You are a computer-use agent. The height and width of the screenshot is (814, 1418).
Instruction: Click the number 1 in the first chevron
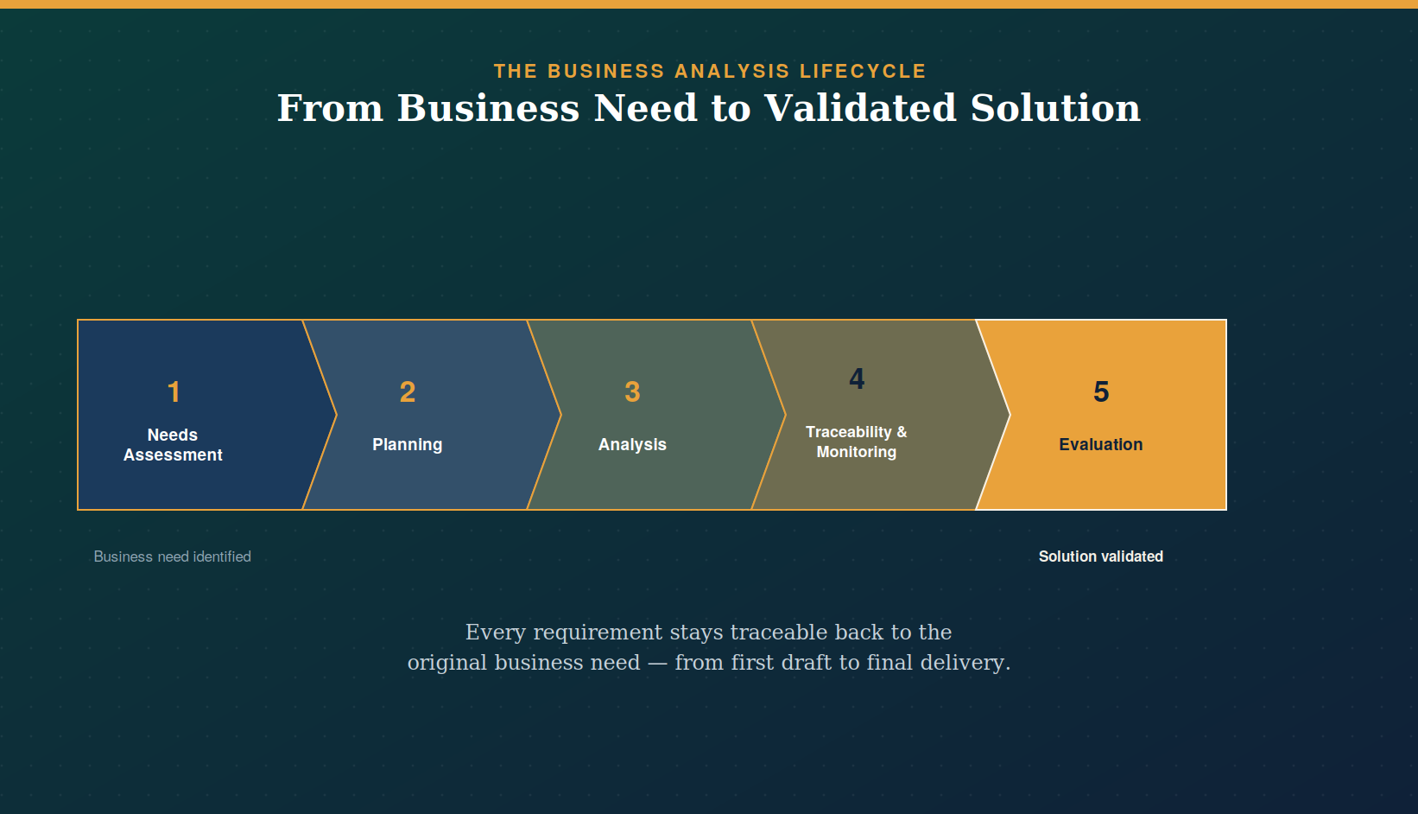174,391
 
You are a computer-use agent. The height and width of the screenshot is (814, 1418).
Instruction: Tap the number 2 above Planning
408,391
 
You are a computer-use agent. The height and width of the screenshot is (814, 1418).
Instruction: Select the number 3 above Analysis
632,391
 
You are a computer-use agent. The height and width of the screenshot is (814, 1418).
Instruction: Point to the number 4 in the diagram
857,378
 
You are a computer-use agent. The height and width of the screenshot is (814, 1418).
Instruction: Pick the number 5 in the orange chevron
1101,391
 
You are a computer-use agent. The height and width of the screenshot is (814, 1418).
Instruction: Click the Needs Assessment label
173,445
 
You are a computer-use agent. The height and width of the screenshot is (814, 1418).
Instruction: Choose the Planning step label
407,445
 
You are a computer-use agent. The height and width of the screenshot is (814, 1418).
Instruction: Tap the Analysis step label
632,445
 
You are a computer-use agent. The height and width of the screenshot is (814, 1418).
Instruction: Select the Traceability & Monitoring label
857,442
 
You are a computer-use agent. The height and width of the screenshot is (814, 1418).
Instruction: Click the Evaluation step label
1101,445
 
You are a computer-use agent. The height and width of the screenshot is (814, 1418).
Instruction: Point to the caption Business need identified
172,556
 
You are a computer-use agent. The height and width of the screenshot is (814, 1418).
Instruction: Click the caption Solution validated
1101,556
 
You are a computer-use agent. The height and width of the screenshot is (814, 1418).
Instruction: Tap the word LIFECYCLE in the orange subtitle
864,71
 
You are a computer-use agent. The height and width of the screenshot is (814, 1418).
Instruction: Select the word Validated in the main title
860,108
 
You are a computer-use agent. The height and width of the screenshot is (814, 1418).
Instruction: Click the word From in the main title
331,108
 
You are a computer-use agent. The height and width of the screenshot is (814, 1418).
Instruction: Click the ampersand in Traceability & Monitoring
902,432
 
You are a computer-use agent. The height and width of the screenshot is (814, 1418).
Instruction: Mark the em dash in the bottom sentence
657,664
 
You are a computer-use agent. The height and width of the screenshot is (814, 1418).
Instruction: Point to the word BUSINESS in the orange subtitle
606,71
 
